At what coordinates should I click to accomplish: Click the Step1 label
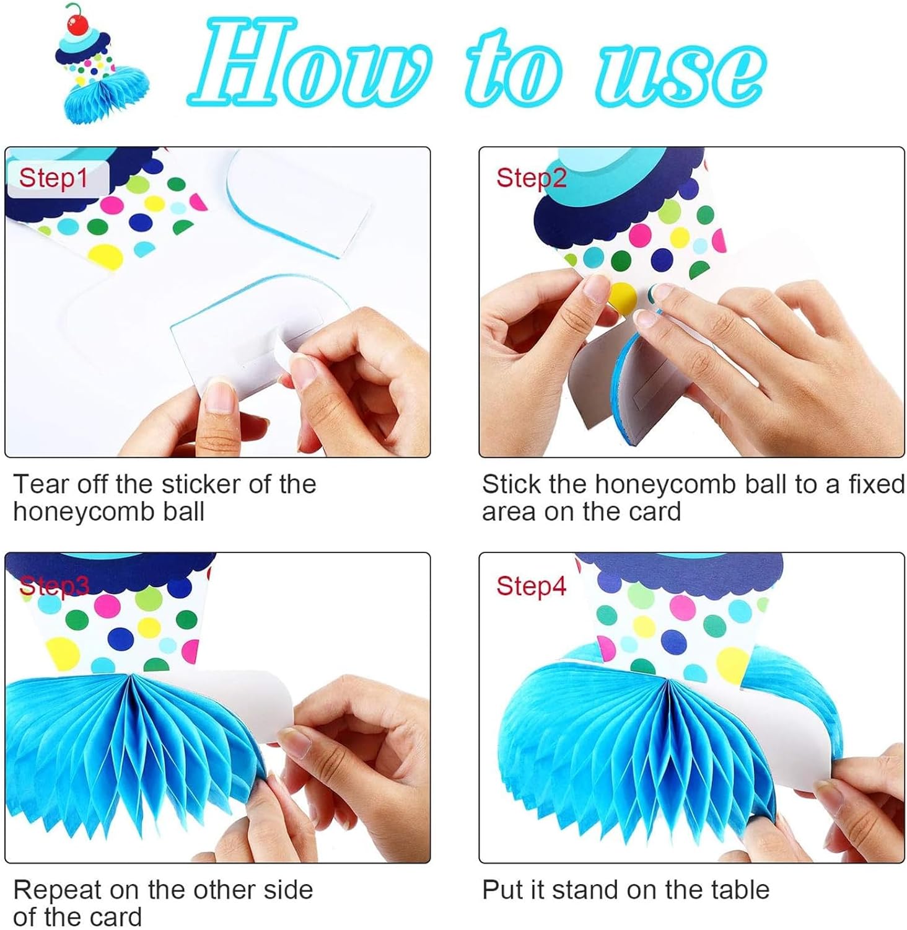(x=53, y=178)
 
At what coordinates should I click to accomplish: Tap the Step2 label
(x=531, y=178)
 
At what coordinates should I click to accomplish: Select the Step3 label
(x=54, y=585)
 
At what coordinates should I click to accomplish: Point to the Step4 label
(x=531, y=585)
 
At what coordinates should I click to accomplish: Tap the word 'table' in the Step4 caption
(x=740, y=890)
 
